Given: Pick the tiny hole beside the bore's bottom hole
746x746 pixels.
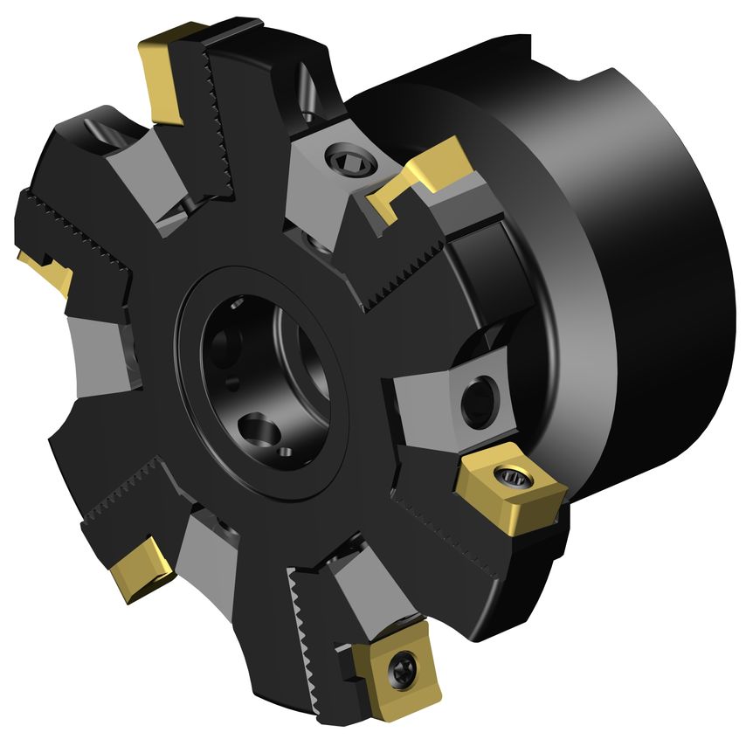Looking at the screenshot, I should coord(284,452).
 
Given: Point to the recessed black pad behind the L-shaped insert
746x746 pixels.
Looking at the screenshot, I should coord(480,262).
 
